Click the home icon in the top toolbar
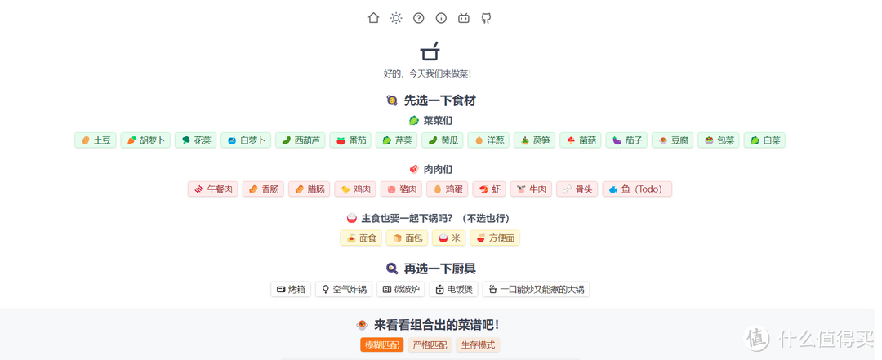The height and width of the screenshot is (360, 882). [x=373, y=18]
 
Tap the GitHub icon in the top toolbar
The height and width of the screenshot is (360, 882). [x=486, y=18]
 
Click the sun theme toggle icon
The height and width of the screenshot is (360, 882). [x=396, y=18]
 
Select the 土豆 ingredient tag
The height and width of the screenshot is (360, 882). [x=96, y=140]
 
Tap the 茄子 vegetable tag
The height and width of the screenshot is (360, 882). [x=627, y=140]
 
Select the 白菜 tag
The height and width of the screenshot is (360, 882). [x=765, y=140]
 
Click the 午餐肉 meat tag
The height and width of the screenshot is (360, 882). [x=212, y=189]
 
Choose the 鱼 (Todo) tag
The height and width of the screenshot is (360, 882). [x=636, y=189]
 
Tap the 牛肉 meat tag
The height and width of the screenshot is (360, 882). [x=531, y=189]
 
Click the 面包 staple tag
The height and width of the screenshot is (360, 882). [x=408, y=238]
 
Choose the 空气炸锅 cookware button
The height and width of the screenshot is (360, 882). [x=344, y=289]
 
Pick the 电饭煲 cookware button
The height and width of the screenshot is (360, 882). [x=453, y=289]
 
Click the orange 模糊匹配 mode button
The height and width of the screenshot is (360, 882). [x=381, y=345]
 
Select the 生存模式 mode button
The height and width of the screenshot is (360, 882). [x=478, y=345]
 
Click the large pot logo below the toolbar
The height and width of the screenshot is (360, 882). [x=430, y=52]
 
